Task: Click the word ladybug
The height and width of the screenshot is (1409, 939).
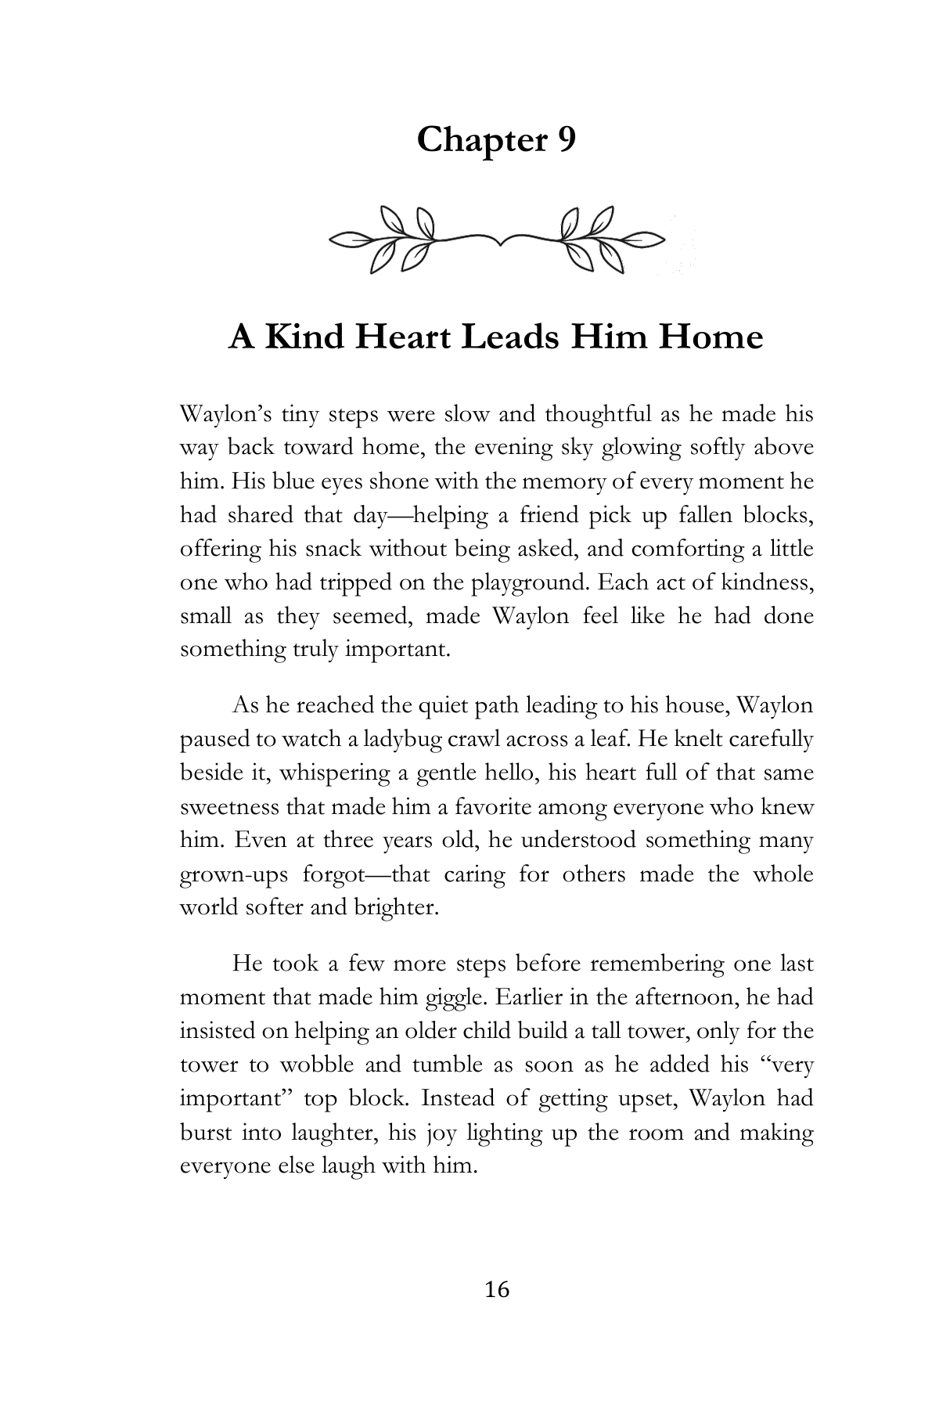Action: (x=406, y=740)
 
